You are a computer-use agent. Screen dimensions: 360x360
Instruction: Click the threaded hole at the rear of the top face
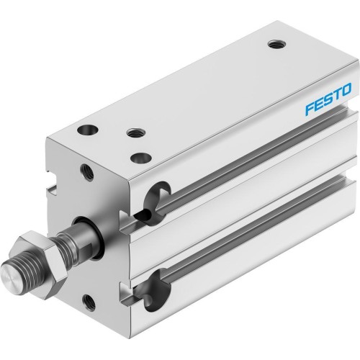(x=274, y=45)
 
